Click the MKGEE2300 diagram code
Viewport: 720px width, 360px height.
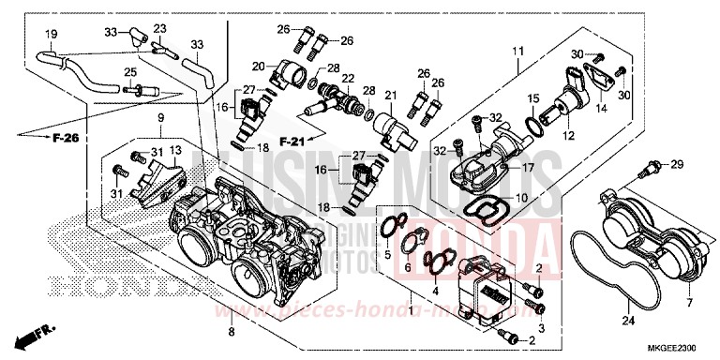pyautogui.click(x=681, y=349)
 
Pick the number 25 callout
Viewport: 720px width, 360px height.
pyautogui.click(x=130, y=71)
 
